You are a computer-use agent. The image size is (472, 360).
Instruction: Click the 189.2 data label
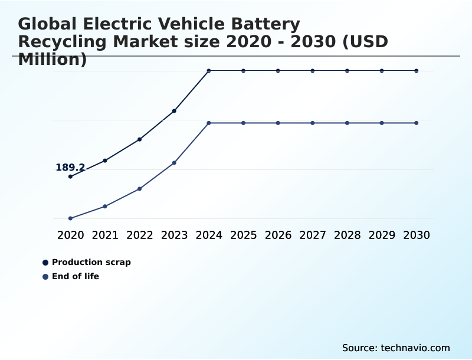coord(70,168)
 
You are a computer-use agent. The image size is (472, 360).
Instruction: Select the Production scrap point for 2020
coord(70,176)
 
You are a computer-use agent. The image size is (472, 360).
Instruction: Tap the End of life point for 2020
coord(70,218)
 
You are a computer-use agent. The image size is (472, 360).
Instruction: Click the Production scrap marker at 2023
coord(174,111)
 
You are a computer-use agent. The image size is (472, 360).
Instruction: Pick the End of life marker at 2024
coord(209,123)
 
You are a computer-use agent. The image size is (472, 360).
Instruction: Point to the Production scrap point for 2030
coord(417,71)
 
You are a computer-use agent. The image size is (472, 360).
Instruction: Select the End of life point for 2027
coord(313,123)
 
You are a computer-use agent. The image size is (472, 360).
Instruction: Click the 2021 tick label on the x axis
coord(105,235)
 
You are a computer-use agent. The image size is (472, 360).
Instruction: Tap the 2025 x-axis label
coord(243,235)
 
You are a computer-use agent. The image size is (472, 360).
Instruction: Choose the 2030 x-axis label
coord(417,235)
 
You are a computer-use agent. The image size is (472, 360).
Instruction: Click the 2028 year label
coord(347,235)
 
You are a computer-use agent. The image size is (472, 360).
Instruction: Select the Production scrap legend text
coord(91,262)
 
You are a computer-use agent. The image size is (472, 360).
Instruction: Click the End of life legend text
coord(76,276)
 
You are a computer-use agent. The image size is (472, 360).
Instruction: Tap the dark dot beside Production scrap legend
coord(45,263)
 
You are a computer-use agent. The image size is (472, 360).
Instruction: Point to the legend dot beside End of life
coord(45,277)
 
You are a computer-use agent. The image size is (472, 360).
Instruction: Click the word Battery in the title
coord(264,24)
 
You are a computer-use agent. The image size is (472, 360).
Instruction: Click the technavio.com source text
coord(415,348)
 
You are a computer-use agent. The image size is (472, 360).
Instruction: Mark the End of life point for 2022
coord(139,189)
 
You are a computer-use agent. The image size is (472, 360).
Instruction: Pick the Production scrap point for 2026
coord(278,71)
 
